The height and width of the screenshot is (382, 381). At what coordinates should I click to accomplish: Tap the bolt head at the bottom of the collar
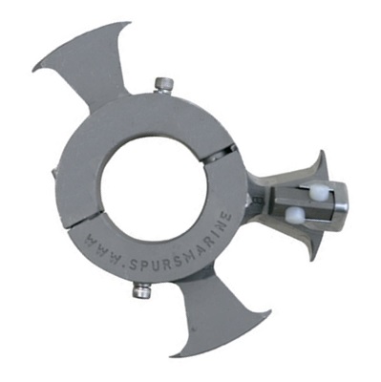click(141, 289)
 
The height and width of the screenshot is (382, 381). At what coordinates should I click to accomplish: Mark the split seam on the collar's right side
click(230, 152)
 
